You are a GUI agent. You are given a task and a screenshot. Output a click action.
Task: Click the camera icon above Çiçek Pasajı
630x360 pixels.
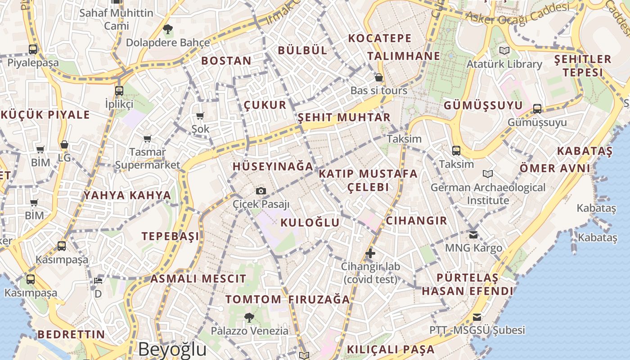(x=261, y=191)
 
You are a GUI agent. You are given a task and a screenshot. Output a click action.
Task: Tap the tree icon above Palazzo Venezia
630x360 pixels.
(x=249, y=318)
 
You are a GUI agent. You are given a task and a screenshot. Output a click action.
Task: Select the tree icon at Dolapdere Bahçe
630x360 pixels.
(x=168, y=30)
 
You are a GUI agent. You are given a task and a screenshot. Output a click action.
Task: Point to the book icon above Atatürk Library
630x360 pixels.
(x=504, y=51)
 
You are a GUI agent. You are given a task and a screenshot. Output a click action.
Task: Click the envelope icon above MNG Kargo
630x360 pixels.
(x=473, y=234)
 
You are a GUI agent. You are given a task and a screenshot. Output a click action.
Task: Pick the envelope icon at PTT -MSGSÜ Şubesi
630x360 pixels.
(x=477, y=317)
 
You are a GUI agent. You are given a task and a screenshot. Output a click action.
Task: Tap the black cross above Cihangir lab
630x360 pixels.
(x=370, y=253)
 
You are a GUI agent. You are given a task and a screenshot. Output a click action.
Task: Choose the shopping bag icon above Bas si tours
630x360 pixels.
(x=379, y=77)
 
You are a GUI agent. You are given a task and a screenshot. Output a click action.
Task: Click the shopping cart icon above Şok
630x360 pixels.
(x=200, y=116)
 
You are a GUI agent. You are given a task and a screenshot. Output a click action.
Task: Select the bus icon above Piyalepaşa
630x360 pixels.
(x=33, y=49)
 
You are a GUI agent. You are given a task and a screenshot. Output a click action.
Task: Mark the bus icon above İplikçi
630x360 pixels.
(x=119, y=91)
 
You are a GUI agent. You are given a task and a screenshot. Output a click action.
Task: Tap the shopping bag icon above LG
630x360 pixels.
(x=64, y=145)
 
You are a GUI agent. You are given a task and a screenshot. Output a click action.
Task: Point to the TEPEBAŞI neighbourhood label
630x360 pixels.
(x=170, y=236)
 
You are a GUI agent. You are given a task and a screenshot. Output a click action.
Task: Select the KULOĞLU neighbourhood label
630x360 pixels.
(x=310, y=222)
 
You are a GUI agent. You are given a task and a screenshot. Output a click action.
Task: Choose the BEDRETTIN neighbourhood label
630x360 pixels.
(x=71, y=334)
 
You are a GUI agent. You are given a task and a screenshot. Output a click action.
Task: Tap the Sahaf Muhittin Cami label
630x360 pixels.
(x=117, y=19)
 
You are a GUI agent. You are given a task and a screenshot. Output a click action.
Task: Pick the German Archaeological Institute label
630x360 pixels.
(x=488, y=193)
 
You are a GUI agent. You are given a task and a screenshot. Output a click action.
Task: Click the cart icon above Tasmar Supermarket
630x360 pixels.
(x=147, y=139)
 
